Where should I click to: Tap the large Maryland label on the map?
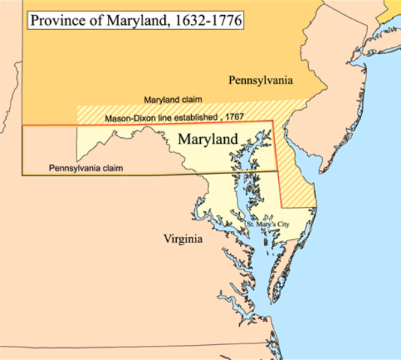(208, 139)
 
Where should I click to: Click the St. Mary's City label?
(271, 223)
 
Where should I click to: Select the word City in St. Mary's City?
(288, 223)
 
